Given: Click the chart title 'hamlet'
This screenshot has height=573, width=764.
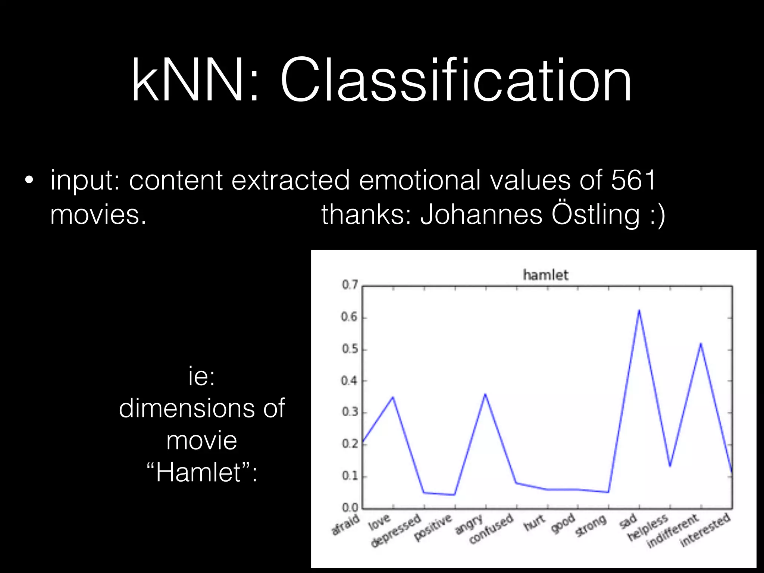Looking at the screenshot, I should (x=545, y=275).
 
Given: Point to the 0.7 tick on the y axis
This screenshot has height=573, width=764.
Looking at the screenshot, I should (x=350, y=285).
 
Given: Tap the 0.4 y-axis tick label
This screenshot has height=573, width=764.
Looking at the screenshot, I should (x=350, y=381).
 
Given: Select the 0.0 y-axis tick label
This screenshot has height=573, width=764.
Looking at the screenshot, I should (x=350, y=508).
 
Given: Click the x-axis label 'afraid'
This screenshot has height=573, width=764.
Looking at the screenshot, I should (x=346, y=525).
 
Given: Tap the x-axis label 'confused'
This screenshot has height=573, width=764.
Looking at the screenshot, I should (x=491, y=529).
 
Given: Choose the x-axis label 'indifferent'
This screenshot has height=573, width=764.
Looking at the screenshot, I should (x=672, y=531).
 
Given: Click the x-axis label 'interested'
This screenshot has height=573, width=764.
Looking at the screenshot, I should (x=705, y=529).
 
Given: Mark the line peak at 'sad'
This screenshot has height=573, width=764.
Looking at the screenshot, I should (x=639, y=310).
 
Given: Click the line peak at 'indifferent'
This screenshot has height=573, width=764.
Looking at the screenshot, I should (x=701, y=344).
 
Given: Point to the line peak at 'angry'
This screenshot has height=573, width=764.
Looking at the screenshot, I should (x=485, y=394).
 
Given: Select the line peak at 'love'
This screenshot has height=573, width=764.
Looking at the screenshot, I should (x=393, y=397).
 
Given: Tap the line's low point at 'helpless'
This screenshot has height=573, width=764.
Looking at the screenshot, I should (x=670, y=466).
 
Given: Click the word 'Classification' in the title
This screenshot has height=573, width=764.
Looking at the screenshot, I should (x=455, y=80).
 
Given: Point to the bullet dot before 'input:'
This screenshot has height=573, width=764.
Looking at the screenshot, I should (x=29, y=181).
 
